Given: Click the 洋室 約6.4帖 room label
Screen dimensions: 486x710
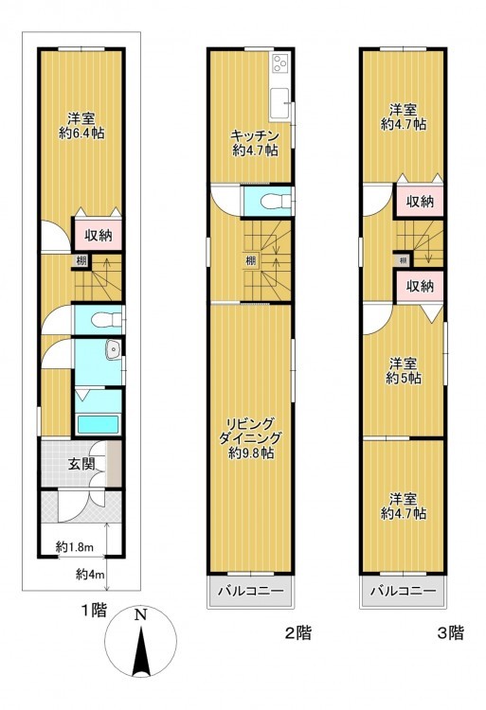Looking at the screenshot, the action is tap(81, 126).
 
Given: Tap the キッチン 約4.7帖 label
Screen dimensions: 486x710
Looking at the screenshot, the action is tap(255, 143).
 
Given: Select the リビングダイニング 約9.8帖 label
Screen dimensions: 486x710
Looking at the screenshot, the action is tap(251, 438).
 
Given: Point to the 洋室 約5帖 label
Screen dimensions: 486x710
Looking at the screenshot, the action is tap(404, 371).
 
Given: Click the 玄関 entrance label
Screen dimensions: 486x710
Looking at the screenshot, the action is tap(81, 464).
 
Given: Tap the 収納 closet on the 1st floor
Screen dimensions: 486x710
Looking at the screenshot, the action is tap(98, 235).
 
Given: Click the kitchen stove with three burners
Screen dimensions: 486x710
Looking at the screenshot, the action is tap(279, 62).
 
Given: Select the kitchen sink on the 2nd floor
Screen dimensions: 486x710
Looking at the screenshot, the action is tap(279, 104).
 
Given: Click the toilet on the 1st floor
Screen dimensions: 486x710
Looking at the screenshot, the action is tap(106, 321).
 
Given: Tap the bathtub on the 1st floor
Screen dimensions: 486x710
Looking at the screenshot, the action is tap(98, 425).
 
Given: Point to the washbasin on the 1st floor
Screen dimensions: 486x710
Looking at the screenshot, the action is tap(112, 350).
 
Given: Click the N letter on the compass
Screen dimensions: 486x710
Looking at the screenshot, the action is tap(141, 615).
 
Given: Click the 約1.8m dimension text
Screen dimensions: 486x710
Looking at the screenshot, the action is tap(75, 547).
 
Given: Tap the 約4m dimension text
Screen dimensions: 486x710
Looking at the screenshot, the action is tap(90, 575).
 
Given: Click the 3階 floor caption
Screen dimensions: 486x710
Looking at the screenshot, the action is tap(450, 632).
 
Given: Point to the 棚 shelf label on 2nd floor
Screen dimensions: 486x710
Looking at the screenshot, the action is tap(250, 260).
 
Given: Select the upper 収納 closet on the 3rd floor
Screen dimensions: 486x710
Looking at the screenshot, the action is tap(420, 202).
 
